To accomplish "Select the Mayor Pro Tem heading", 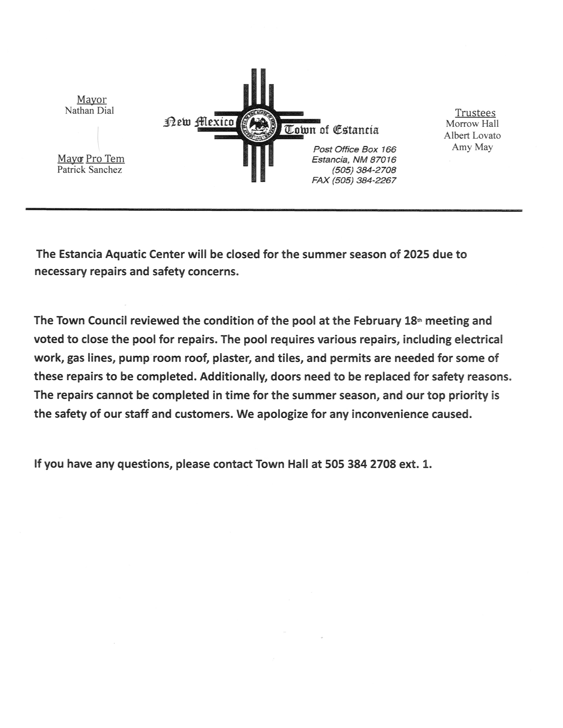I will pos(91,159).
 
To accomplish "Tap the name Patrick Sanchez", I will pos(89,170).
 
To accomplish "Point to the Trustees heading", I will pos(475,113).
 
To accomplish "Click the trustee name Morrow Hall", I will pos(472,124).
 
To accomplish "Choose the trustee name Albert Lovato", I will pos(472,135).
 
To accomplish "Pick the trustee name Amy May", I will pos(472,147).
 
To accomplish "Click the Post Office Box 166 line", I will pos(354,149).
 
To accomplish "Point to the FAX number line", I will pos(353,180).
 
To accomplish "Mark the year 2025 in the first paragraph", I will pos(416,254).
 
